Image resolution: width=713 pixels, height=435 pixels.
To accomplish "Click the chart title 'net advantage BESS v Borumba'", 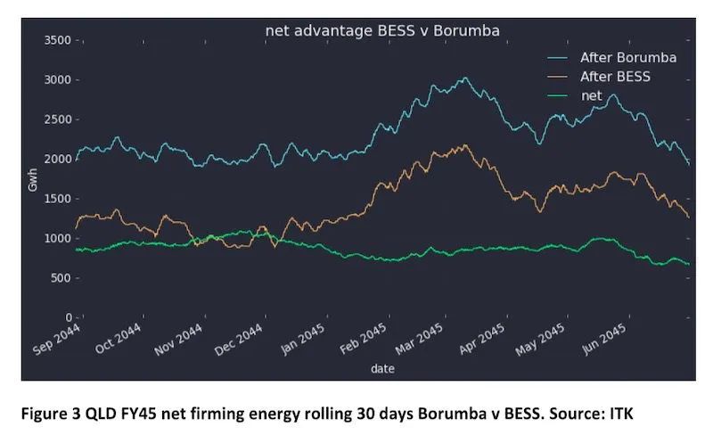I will point(382,30).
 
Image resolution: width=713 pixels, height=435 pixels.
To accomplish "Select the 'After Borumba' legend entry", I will point(627,57).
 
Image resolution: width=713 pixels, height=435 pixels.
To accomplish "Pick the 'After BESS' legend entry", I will point(615,77).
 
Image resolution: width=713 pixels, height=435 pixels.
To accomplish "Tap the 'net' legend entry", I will point(591,94).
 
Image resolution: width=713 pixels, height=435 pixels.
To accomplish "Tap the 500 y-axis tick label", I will point(60,278).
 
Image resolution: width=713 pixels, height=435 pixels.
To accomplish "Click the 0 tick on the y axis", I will point(67,317).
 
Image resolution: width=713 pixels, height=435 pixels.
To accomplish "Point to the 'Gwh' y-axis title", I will point(34,178).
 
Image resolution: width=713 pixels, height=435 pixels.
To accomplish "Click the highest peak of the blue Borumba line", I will point(464,78).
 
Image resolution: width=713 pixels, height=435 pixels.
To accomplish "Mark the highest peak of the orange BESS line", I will point(464,144).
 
